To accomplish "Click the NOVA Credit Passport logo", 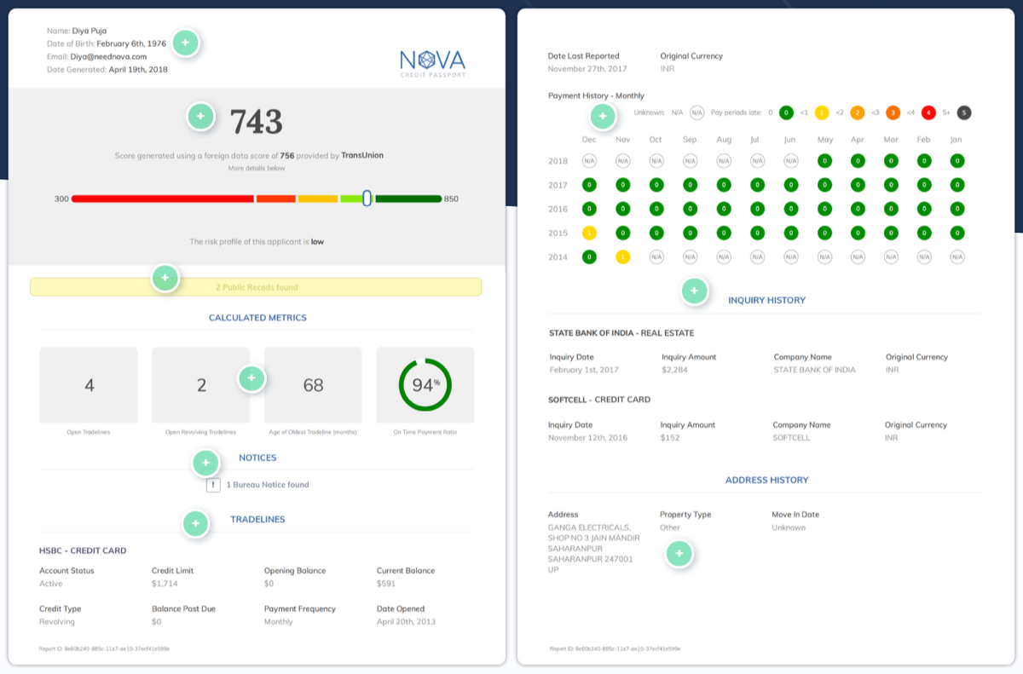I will pos(432,63).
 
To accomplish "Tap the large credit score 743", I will pos(256,122).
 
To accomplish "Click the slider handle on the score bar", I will pos(367,199).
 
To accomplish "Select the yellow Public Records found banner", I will pos(256,287).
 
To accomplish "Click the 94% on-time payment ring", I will pos(425,385).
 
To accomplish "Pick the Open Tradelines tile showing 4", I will pos(89,385).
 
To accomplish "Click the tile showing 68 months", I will pos(313,385).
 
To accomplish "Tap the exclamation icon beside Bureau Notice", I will pos(213,485).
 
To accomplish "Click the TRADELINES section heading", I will pos(257,519).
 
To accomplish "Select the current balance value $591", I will pos(386,584).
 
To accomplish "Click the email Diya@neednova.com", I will pos(108,56).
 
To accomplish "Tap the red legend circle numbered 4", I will pos(928,112).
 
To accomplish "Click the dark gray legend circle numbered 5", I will pos(963,112).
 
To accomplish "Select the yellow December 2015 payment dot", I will pos(588,233).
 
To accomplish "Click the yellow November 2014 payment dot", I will pos(622,256).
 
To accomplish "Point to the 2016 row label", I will pos(558,209).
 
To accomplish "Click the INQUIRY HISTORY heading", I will pos(766,300).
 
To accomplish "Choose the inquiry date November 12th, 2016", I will pos(588,437).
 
